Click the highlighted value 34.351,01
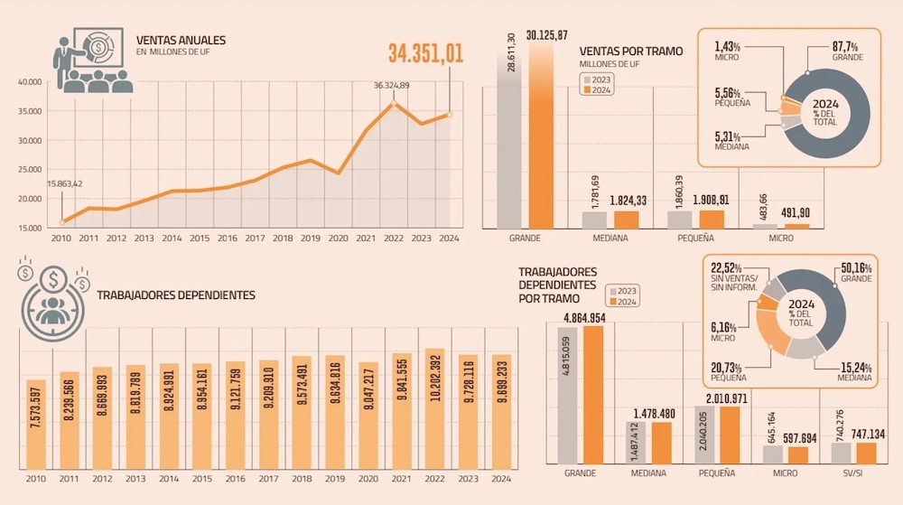point(426,53)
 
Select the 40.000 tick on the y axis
point(30,82)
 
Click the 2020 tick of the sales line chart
point(338,238)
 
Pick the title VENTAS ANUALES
point(181,41)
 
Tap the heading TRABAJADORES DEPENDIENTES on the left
point(176,295)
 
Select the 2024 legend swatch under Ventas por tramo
point(585,90)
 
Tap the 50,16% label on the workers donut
point(855,268)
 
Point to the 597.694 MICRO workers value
point(790,437)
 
